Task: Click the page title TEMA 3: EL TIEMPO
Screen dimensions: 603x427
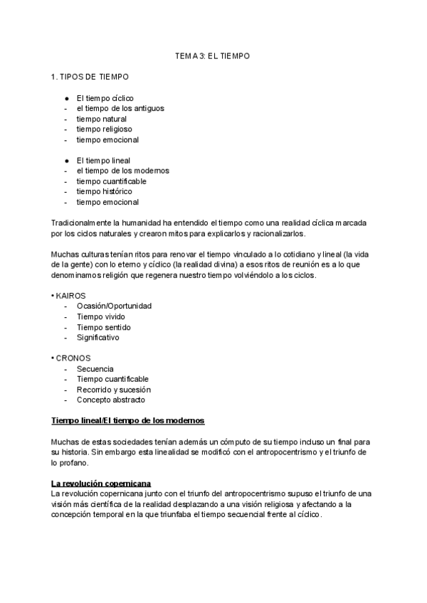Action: (x=213, y=55)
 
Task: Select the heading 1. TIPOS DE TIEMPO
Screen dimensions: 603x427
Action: (x=86, y=76)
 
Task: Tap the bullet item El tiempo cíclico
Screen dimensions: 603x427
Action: (x=105, y=97)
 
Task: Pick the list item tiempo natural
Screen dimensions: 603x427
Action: (x=101, y=119)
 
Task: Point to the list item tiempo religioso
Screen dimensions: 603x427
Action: (x=104, y=129)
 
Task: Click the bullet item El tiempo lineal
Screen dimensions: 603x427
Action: (x=103, y=161)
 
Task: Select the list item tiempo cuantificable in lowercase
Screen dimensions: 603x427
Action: (x=112, y=181)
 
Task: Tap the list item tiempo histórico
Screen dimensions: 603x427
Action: (x=104, y=191)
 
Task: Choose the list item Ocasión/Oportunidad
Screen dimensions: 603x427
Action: (x=114, y=306)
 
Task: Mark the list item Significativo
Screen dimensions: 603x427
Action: (x=98, y=338)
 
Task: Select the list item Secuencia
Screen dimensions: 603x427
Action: (x=95, y=369)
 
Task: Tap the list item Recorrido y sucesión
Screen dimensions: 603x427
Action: (x=113, y=390)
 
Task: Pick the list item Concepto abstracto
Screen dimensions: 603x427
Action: (x=110, y=400)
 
